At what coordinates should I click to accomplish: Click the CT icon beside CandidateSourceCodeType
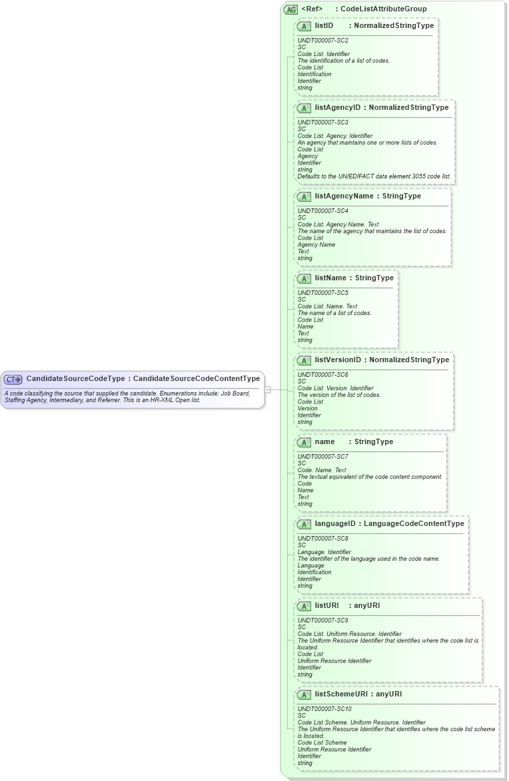point(13,380)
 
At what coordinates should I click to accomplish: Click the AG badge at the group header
point(290,9)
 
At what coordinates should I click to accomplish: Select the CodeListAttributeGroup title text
point(383,9)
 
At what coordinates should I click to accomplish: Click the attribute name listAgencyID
point(337,108)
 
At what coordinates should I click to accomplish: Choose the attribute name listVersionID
point(338,360)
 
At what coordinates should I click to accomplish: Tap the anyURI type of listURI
point(366,606)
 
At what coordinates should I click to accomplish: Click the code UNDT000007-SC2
point(322,41)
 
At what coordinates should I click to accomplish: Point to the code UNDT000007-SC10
point(324,709)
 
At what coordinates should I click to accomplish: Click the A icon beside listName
point(304,278)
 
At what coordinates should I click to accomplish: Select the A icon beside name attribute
point(304,442)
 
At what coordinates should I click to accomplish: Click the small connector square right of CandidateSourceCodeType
point(267,390)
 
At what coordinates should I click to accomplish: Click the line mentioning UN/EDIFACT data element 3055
point(374,176)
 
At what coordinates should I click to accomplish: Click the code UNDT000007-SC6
point(322,375)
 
